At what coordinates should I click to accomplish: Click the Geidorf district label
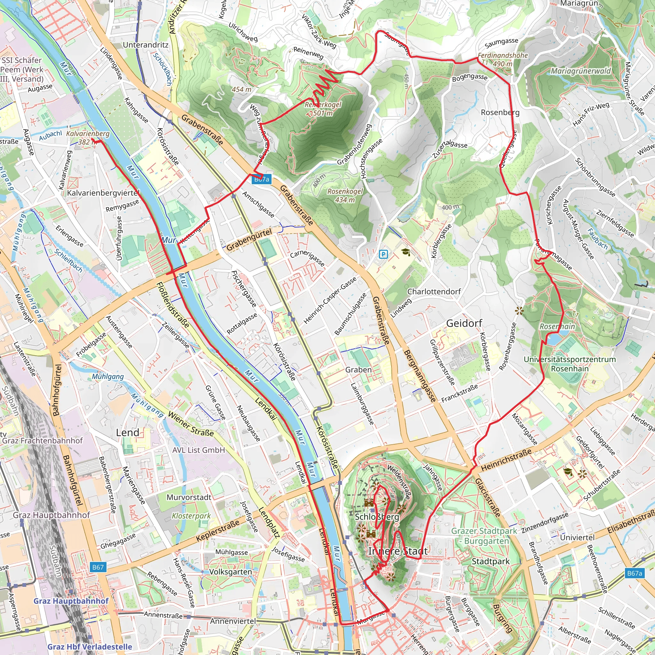point(464,323)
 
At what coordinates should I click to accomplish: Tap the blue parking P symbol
point(383,254)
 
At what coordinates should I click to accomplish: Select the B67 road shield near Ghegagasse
point(98,567)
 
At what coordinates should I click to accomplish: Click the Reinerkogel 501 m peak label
point(323,109)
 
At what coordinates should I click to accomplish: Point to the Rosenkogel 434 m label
point(345,196)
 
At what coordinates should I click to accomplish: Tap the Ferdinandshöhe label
point(503,55)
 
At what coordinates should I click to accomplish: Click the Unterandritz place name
point(146,45)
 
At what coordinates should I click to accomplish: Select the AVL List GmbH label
point(198,450)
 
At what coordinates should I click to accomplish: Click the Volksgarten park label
point(231,572)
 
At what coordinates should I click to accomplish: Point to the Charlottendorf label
point(434,292)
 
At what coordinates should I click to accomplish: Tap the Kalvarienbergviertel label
point(103,193)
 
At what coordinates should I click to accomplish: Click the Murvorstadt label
point(189,497)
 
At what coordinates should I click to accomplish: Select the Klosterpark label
point(191,516)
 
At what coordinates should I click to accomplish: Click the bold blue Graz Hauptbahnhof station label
point(71,601)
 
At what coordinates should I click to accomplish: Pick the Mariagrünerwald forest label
point(580,71)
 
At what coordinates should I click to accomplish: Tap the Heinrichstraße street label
point(506,460)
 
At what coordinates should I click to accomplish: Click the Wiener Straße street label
point(191,423)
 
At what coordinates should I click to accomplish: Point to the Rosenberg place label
point(500,112)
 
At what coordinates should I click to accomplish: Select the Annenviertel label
point(233,621)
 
